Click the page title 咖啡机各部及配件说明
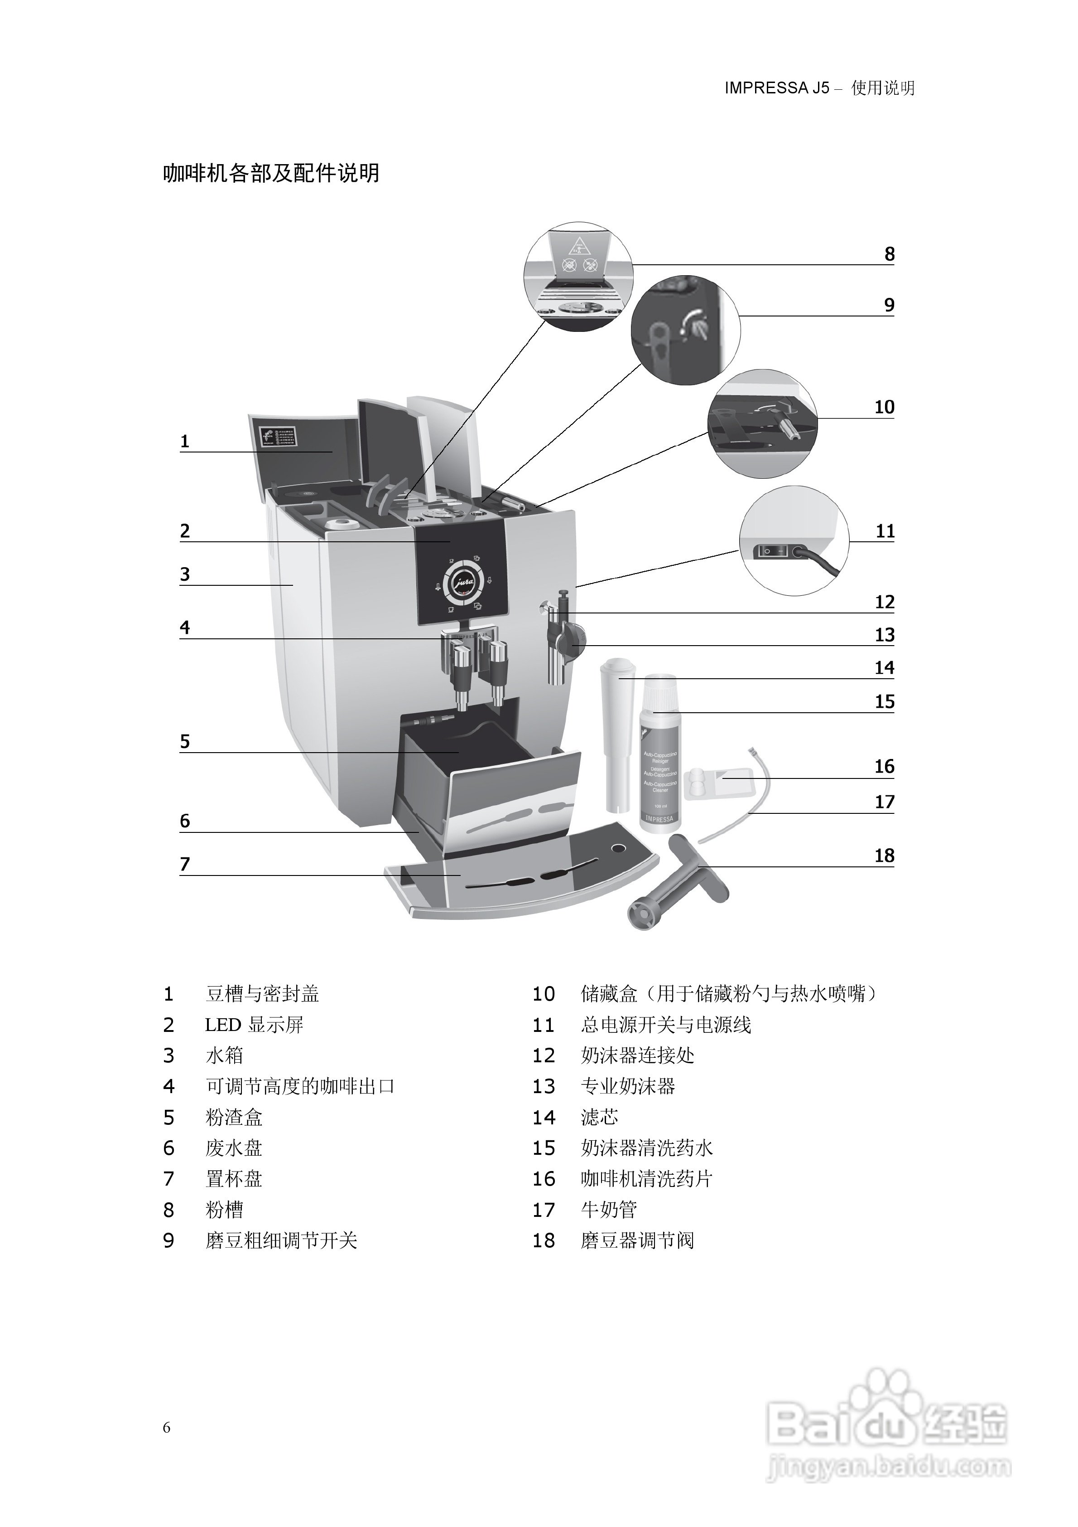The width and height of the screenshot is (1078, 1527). pyautogui.click(x=271, y=174)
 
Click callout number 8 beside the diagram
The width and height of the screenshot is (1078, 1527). pyautogui.click(x=889, y=254)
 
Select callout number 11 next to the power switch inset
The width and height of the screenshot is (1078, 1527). pyautogui.click(x=885, y=531)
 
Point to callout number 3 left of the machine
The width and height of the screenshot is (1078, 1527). pyautogui.click(x=185, y=574)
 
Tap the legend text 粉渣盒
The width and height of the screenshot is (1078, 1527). pyautogui.click(x=234, y=1117)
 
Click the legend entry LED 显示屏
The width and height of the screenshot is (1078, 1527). pyautogui.click(x=254, y=1025)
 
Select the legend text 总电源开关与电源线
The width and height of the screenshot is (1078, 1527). pyautogui.click(x=665, y=1025)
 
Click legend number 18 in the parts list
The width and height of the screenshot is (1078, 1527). pyautogui.click(x=544, y=1241)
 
